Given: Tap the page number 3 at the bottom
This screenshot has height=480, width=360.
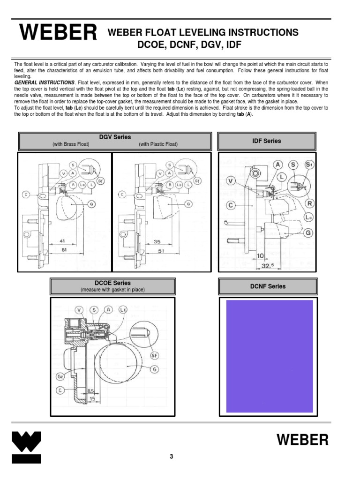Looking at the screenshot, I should (x=172, y=457).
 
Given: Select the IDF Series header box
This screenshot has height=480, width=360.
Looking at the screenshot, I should (x=267, y=141).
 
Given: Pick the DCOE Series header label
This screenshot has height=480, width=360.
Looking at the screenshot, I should (x=112, y=283).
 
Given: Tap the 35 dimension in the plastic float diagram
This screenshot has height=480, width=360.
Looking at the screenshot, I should (x=157, y=242).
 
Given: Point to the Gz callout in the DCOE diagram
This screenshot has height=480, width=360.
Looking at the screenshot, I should (x=60, y=376).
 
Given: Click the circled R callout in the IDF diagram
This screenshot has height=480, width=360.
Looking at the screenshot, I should (x=309, y=203).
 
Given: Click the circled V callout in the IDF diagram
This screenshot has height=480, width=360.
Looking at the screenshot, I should (x=230, y=180).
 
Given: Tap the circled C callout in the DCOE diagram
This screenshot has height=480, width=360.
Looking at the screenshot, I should (x=60, y=390).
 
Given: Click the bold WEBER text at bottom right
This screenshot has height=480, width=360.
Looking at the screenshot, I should (x=302, y=440).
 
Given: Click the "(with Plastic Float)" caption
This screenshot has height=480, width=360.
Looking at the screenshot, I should (x=158, y=144).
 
